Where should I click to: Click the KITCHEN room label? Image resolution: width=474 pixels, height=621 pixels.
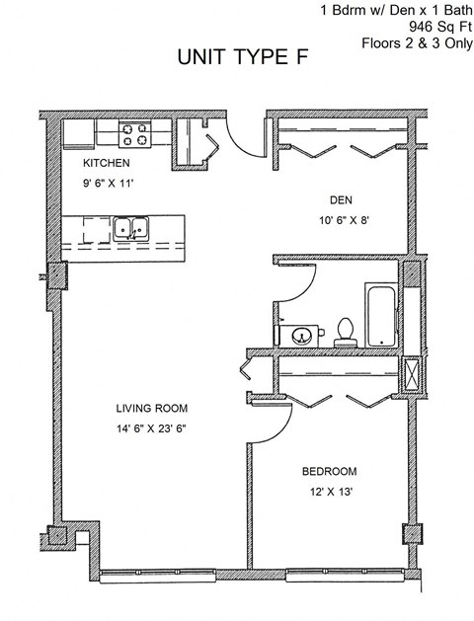coord(106,162)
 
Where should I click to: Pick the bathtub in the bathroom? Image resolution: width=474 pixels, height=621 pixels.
coord(380,315)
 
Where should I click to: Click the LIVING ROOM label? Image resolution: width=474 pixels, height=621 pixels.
coord(151,408)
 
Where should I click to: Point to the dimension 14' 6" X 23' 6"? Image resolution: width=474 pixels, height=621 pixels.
coord(151,427)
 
